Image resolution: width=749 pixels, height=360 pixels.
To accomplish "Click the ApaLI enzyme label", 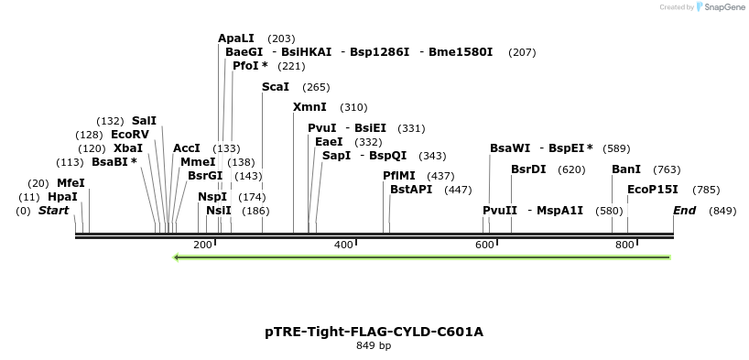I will pyautogui.click(x=235, y=38).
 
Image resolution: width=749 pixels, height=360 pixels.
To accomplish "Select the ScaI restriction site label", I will pyautogui.click(x=276, y=87).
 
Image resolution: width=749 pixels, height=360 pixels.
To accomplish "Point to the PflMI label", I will pyautogui.click(x=399, y=176).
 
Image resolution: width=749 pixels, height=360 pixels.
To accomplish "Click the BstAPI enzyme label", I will pyautogui.click(x=411, y=190).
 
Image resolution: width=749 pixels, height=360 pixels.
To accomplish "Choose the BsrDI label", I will pyautogui.click(x=528, y=169).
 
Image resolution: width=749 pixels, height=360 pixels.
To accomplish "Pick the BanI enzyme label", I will pyautogui.click(x=626, y=169).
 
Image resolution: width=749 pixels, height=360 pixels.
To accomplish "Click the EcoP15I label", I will pyautogui.click(x=653, y=190).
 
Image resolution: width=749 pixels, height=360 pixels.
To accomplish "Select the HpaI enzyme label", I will pyautogui.click(x=62, y=197).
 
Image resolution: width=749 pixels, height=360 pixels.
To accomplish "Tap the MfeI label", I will pyautogui.click(x=71, y=183).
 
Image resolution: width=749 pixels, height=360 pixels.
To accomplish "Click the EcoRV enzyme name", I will pyautogui.click(x=130, y=135).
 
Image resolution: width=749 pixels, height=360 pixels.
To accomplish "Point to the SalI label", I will pyautogui.click(x=144, y=121).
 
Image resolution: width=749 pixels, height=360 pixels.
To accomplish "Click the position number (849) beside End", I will pyautogui.click(x=722, y=211).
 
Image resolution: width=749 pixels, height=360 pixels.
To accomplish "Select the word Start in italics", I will pyautogui.click(x=53, y=211).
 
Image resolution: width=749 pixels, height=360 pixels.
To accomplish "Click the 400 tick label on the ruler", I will pyautogui.click(x=343, y=245).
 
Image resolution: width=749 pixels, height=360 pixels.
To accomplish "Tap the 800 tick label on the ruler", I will pyautogui.click(x=624, y=245).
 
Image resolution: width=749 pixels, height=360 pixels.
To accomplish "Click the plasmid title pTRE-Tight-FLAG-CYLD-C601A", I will pyautogui.click(x=374, y=331).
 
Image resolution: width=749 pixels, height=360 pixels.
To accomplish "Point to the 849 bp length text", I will pyautogui.click(x=374, y=346).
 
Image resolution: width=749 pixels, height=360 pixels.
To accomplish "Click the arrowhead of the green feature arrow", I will pyautogui.click(x=178, y=257).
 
